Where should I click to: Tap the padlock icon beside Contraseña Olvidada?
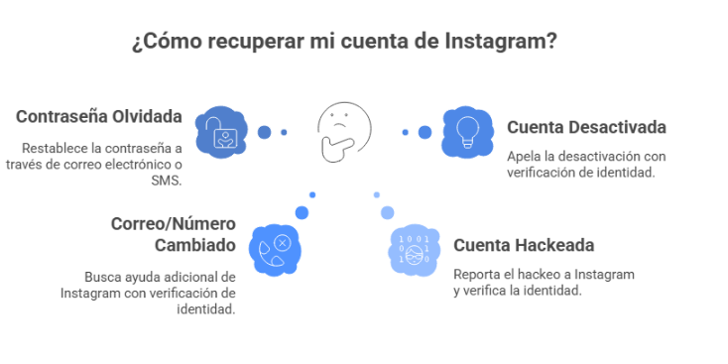(222, 132)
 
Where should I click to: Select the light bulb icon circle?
(465, 132)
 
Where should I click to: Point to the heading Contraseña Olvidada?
(99, 116)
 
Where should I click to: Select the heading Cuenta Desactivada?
(586, 127)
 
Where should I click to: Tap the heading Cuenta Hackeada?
(524, 245)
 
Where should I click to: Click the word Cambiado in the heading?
(195, 245)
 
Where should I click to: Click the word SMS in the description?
(168, 181)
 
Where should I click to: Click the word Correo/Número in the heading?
(174, 222)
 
